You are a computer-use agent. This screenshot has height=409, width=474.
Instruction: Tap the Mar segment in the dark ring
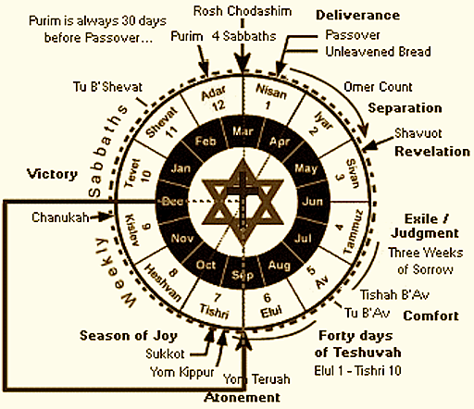pos(243,131)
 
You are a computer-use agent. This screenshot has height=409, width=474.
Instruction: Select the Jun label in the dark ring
pos(312,202)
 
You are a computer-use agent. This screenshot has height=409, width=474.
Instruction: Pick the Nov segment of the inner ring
pos(182,238)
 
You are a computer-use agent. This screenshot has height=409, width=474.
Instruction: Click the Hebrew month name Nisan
pos(271,92)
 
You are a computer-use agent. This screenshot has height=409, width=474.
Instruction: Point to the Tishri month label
pos(214,311)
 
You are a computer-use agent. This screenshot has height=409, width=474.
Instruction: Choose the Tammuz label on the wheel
pos(354,232)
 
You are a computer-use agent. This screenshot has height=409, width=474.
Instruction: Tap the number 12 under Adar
pos(218,105)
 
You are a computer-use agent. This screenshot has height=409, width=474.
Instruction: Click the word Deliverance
pos(357,15)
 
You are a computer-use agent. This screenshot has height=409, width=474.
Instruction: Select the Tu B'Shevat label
pos(107,87)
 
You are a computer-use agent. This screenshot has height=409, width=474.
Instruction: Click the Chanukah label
pos(60,217)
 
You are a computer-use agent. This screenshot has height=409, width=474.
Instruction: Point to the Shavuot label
pos(418,133)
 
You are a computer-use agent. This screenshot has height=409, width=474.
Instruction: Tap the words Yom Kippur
pos(182,372)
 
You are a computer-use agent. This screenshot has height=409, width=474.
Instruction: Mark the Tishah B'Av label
pos(394,295)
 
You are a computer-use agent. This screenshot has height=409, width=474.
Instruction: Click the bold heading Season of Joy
pos(129,336)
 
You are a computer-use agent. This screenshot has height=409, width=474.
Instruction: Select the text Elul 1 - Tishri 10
pos(357,370)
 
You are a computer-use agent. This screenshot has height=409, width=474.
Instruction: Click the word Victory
pos(52,174)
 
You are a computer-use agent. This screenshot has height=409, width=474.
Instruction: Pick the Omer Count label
pos(378,87)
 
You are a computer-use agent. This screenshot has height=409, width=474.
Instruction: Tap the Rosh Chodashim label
pos(243,11)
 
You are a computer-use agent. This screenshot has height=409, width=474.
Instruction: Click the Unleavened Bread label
pos(378,52)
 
